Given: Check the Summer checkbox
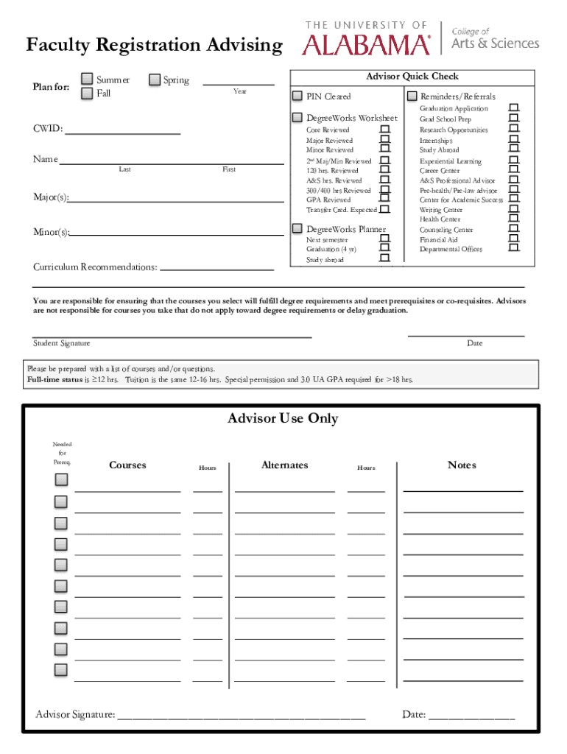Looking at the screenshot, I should (88, 80).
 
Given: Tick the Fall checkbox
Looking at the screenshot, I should (88, 94).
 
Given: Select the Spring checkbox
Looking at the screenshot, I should (155, 80).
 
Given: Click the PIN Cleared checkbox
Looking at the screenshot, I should (297, 96).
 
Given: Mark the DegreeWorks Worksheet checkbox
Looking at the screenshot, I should (297, 118).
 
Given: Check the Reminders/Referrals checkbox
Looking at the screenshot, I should (412, 96).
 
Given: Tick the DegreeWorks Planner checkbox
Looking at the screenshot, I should (297, 228).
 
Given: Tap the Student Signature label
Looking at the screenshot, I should (62, 343).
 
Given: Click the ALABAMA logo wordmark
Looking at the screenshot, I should (366, 46).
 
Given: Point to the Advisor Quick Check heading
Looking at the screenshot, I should (412, 77).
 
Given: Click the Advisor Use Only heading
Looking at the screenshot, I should (283, 418).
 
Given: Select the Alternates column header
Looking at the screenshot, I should (284, 465).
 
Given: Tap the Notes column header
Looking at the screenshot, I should (462, 465).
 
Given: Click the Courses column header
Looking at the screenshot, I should (127, 465).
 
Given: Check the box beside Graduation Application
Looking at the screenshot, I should (513, 108).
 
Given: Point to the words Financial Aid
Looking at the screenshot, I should (438, 239).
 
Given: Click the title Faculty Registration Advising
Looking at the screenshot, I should (154, 46).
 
